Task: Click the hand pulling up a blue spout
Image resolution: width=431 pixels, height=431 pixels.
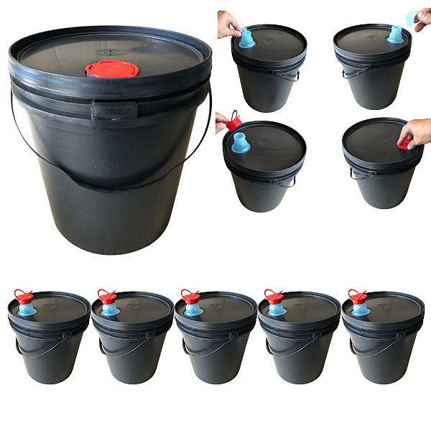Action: (x=229, y=24)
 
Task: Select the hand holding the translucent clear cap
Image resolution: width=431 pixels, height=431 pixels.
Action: (x=421, y=19)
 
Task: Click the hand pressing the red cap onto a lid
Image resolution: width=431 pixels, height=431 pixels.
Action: (x=415, y=131)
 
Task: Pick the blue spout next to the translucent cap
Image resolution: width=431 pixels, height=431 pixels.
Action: (x=395, y=34)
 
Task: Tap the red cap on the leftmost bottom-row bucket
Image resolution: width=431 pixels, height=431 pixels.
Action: (x=23, y=295)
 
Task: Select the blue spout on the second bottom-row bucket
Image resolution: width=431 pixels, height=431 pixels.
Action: (x=110, y=309)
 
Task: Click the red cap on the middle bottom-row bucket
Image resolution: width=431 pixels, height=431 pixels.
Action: (x=190, y=295)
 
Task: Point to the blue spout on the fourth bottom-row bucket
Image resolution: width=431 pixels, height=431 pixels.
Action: (x=276, y=309)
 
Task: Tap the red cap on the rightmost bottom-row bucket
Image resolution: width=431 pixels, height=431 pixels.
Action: (x=357, y=295)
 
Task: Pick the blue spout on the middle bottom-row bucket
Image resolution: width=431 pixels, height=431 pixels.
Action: (x=193, y=309)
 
